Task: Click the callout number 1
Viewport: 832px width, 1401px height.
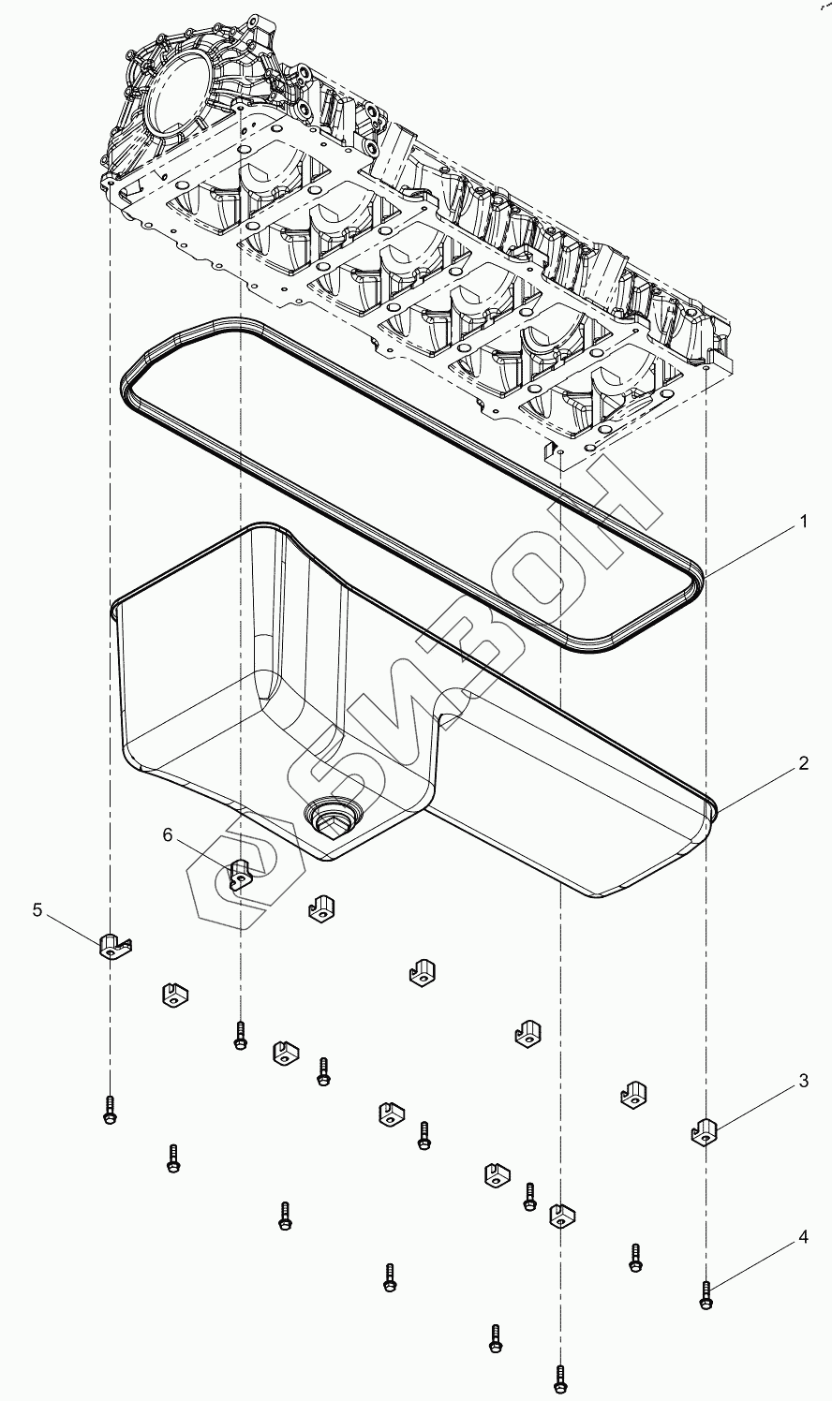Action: coord(803,523)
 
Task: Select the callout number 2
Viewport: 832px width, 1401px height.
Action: coord(803,763)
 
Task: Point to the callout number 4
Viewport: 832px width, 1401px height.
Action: coord(803,1237)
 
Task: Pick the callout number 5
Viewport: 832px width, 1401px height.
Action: coord(38,909)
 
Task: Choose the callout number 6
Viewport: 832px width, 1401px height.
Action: coord(168,834)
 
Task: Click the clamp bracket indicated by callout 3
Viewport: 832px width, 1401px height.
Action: coord(705,1131)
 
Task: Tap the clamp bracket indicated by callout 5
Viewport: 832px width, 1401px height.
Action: coord(112,947)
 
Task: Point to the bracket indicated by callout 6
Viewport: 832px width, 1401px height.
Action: coord(242,874)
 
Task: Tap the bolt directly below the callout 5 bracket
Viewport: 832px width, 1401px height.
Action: coord(110,1109)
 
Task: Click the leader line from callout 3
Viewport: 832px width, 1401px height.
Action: coord(754,1105)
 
